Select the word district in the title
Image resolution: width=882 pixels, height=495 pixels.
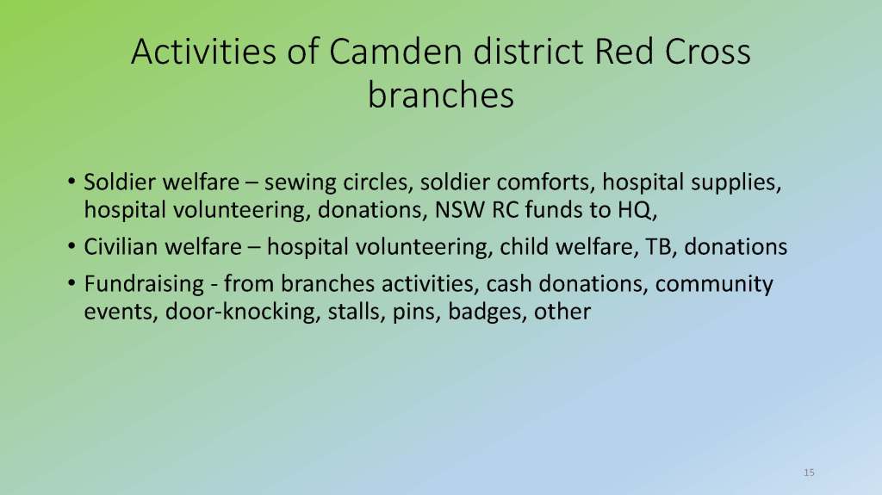[529, 51]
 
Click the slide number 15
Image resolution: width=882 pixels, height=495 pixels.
[809, 473]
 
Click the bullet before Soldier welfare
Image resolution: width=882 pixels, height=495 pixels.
[71, 182]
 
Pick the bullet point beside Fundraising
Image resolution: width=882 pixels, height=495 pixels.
[71, 283]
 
